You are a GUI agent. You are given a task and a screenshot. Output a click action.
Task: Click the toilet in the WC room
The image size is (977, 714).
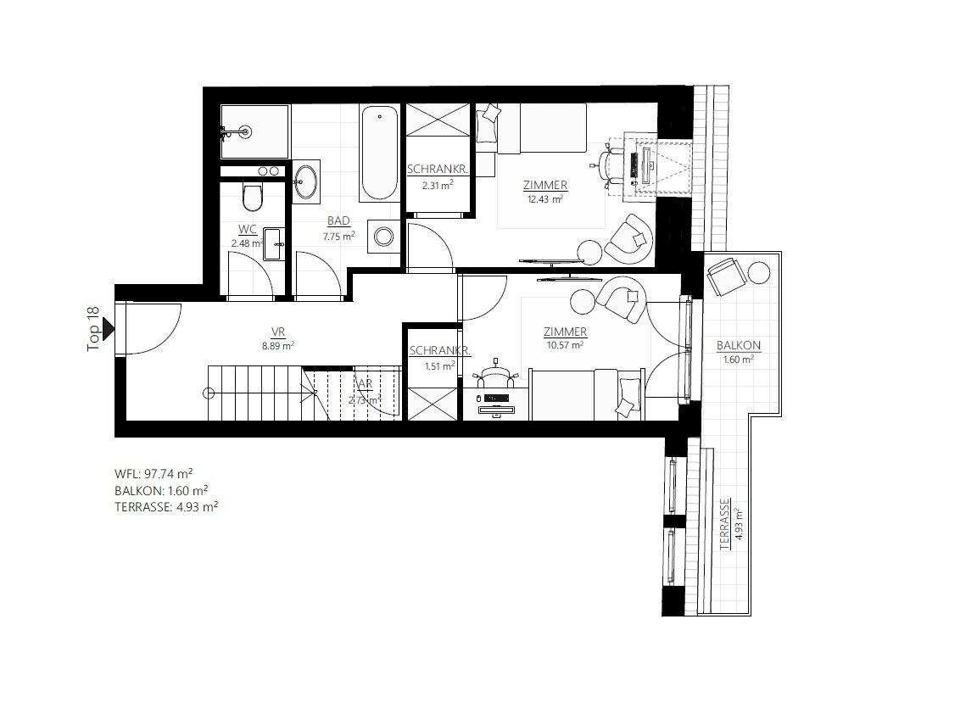253,198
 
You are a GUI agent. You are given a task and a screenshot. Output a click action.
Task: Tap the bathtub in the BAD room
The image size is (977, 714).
379,153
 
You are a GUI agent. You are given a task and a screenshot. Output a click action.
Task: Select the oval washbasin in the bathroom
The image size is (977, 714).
305,182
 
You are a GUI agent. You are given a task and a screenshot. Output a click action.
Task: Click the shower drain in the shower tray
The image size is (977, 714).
246,131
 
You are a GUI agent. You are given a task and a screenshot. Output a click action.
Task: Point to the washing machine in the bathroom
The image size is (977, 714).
383,236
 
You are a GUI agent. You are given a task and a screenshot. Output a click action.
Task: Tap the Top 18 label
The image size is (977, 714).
93,329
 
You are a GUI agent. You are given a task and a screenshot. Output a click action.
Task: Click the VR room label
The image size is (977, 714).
278,332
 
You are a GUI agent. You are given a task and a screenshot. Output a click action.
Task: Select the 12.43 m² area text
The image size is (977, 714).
545,198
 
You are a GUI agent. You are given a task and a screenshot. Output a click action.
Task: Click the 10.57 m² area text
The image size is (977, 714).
565,344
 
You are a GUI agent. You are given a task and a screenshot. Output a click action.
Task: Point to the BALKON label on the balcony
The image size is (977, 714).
739,345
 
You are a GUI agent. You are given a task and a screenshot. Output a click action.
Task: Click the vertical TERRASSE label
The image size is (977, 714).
724,524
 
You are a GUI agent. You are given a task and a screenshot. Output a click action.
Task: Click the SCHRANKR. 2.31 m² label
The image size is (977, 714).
438,176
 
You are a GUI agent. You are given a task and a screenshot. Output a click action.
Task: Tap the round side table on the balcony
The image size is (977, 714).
759,273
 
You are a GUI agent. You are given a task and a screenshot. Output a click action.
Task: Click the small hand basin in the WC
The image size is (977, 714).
274,243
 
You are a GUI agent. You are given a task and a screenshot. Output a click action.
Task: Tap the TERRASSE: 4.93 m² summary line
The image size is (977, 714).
166,506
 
